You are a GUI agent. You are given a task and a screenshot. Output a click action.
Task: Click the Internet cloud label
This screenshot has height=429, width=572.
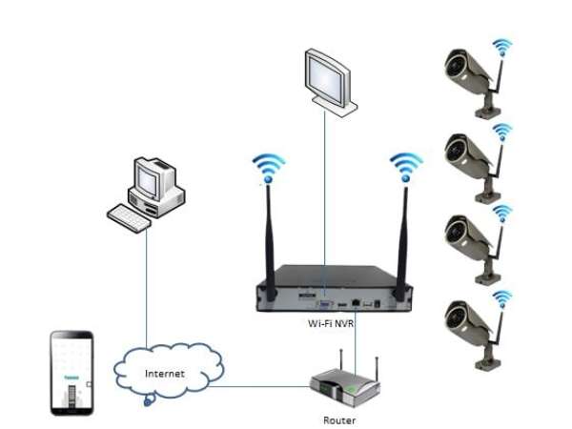click(165, 373)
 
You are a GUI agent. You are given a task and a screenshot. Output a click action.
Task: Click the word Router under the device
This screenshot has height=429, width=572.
click(341, 419)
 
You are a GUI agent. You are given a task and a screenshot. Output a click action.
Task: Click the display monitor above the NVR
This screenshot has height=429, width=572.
click(326, 76)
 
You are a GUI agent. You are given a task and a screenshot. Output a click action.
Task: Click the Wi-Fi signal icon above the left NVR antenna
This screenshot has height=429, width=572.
click(270, 168)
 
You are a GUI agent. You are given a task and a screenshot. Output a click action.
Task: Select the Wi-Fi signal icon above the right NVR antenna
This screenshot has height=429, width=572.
click(405, 162)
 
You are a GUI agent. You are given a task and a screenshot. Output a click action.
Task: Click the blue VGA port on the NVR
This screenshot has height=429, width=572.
click(323, 303)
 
